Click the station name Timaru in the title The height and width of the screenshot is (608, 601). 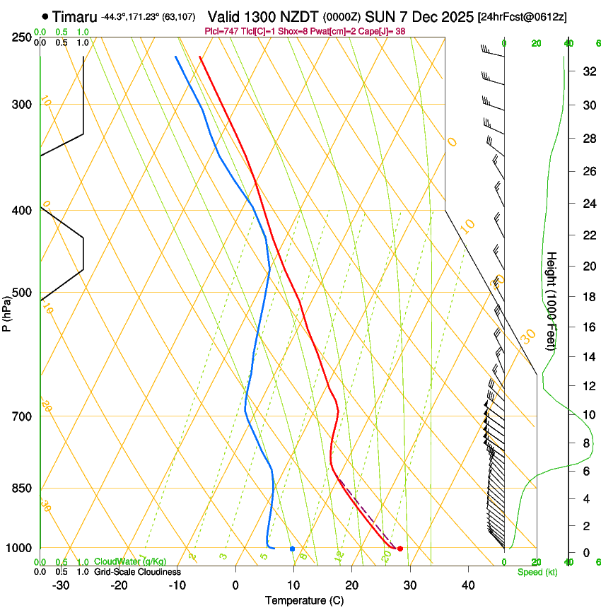[x=76, y=16]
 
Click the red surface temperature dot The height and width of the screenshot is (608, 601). [x=400, y=549]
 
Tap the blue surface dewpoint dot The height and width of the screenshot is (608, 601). [x=292, y=549]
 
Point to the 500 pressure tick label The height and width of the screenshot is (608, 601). [x=21, y=293]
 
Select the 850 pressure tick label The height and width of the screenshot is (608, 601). [x=21, y=489]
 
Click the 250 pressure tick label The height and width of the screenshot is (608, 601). [x=21, y=37]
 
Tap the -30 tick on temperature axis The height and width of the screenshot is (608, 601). [x=61, y=585]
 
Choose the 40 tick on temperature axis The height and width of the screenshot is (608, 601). [x=467, y=585]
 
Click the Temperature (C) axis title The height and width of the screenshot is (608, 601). [x=304, y=600]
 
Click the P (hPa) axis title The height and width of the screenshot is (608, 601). [x=7, y=312]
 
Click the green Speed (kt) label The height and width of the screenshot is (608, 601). [x=537, y=572]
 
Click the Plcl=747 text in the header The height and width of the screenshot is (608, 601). [x=222, y=31]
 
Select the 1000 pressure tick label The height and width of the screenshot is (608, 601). [x=18, y=549]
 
